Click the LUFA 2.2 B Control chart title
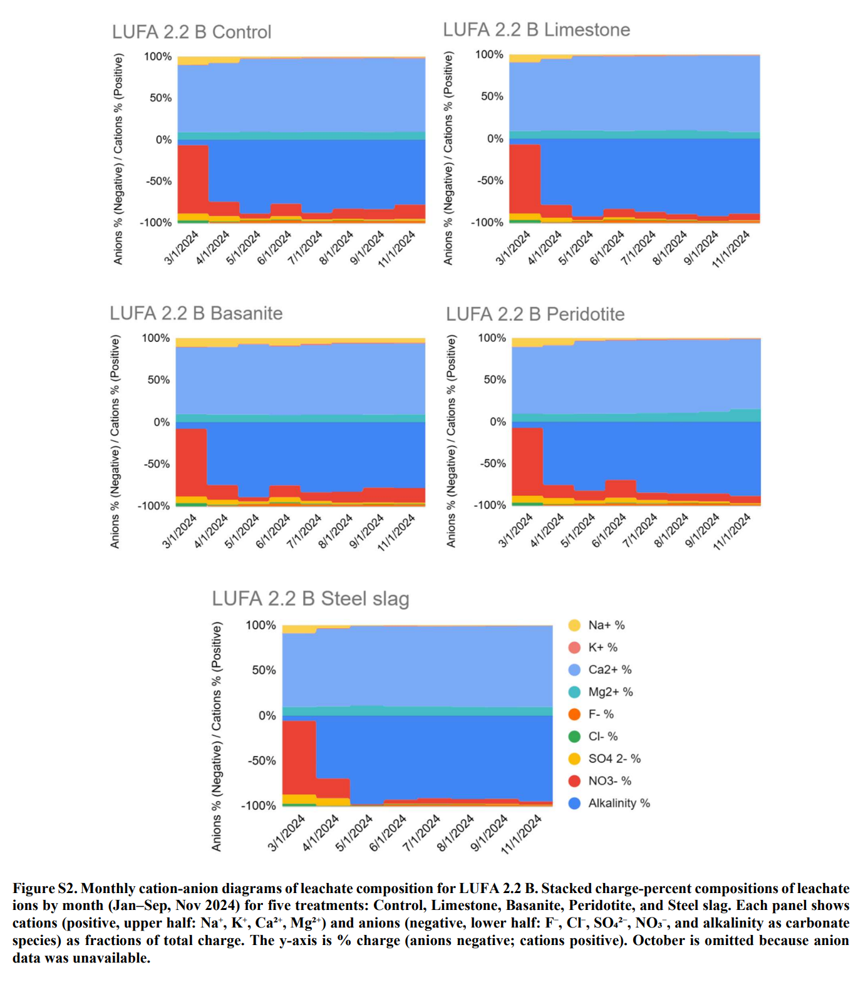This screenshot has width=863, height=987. click(x=192, y=32)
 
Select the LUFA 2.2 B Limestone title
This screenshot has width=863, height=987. click(x=536, y=29)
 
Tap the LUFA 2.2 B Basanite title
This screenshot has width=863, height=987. click(x=196, y=313)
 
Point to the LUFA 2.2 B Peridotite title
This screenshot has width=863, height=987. click(x=535, y=314)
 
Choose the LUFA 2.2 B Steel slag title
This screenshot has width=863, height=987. click(x=311, y=599)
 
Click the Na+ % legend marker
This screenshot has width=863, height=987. click(x=574, y=625)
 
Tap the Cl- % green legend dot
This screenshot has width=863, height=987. click(x=574, y=736)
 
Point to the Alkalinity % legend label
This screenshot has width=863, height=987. click(x=619, y=803)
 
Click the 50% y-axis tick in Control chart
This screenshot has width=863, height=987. click(x=160, y=98)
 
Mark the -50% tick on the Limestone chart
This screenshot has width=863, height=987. click(x=491, y=180)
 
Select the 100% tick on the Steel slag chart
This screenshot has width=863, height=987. click(x=261, y=625)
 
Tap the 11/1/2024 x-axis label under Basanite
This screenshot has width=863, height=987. click(x=397, y=532)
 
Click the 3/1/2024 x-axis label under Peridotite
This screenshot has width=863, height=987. click(x=515, y=530)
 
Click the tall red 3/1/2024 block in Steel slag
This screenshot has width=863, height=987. click(x=299, y=758)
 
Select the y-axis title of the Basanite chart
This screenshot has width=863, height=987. click(x=115, y=442)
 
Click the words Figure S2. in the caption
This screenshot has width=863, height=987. click(x=45, y=888)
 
